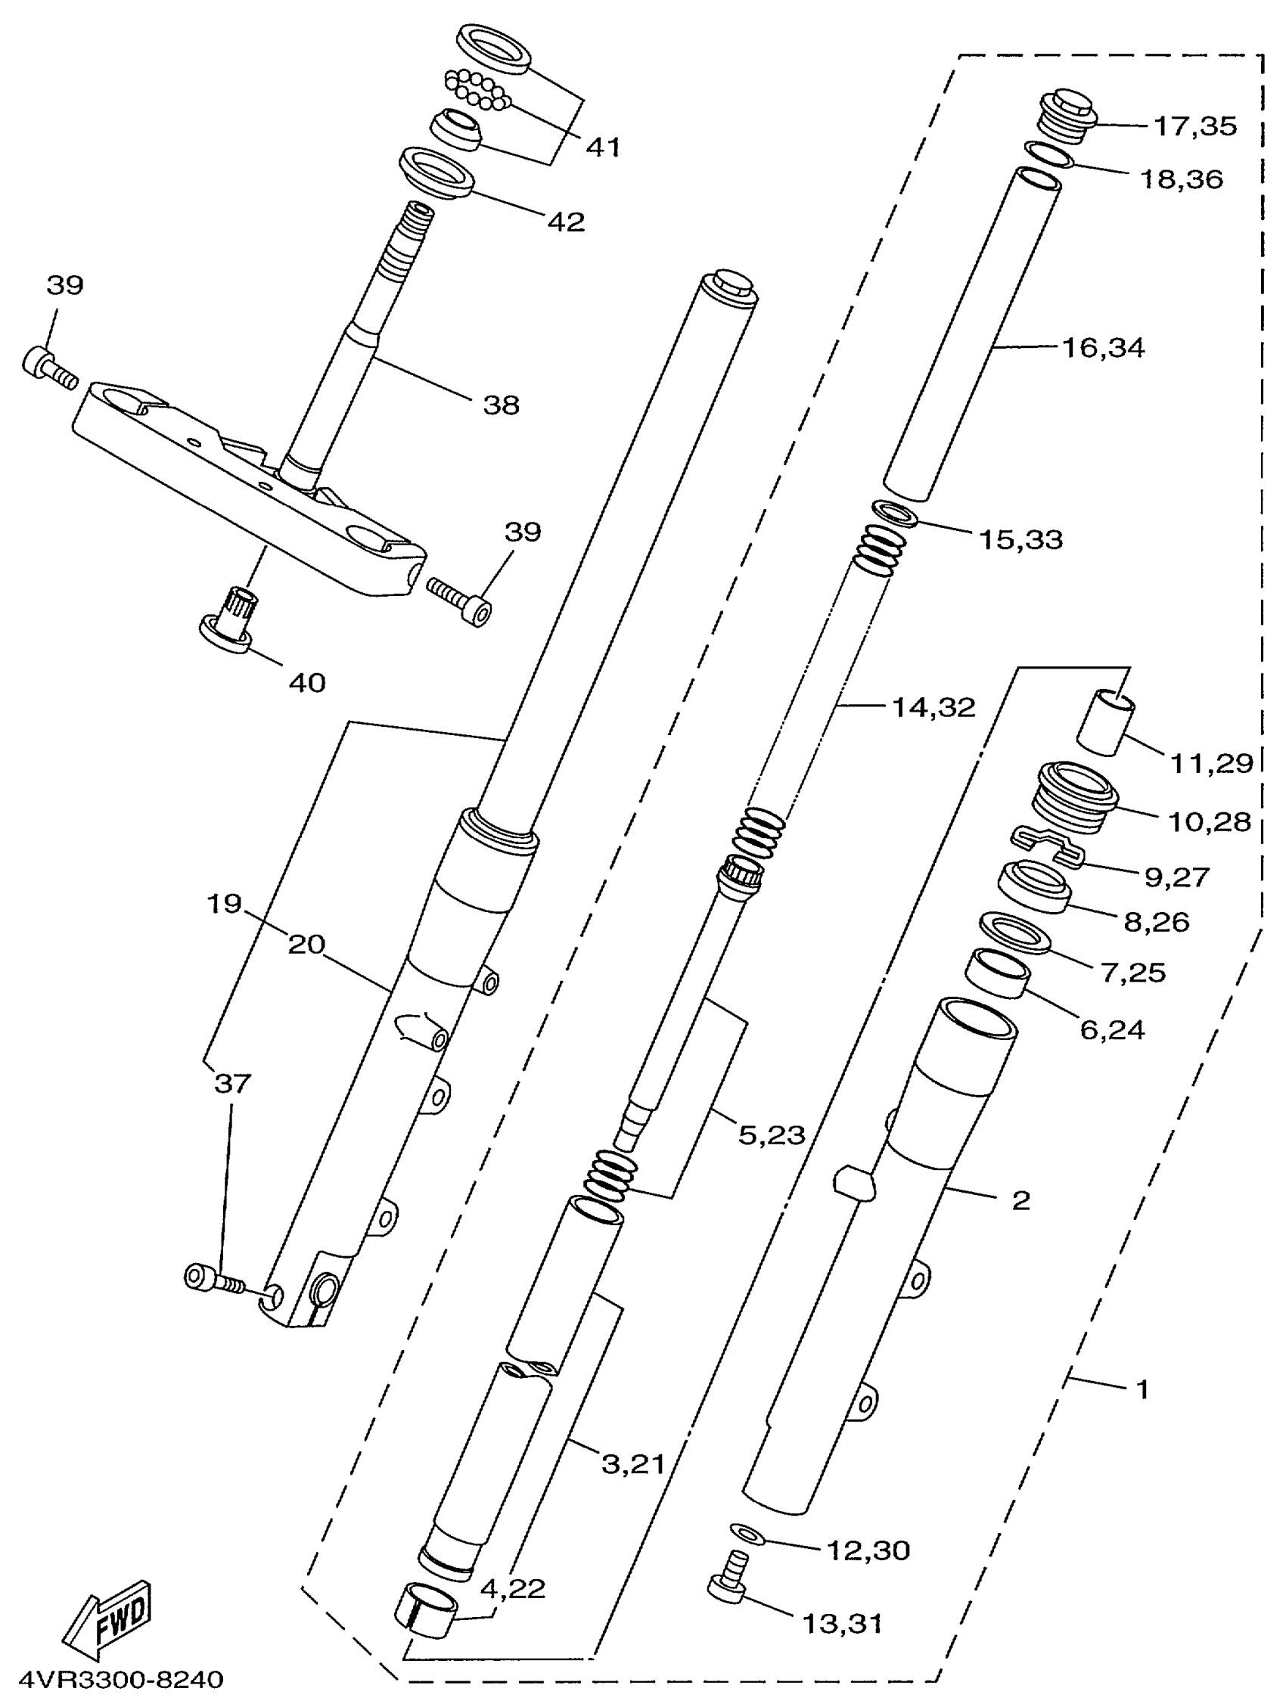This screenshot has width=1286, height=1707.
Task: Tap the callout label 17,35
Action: click(1195, 126)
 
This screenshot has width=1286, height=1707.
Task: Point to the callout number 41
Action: click(603, 147)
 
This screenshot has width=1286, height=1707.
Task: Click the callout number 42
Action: click(566, 222)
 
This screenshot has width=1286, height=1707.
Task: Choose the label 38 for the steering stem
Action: click(501, 405)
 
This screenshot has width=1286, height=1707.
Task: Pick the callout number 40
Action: click(306, 682)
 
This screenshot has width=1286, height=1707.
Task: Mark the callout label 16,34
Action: click(1103, 348)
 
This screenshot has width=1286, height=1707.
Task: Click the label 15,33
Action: click(1020, 539)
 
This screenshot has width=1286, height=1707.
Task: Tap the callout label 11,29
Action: click(1211, 763)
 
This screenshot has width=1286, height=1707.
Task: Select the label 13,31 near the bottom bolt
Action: click(842, 1624)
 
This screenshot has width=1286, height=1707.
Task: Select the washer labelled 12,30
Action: click(747, 1533)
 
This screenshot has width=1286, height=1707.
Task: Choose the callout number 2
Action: click(1020, 1200)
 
